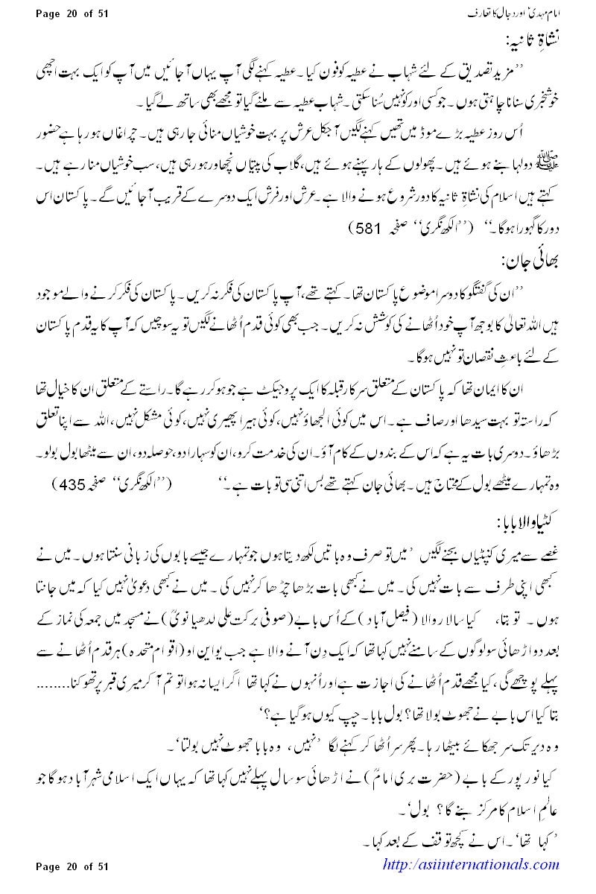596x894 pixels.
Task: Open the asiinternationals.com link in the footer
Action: (x=470, y=865)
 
